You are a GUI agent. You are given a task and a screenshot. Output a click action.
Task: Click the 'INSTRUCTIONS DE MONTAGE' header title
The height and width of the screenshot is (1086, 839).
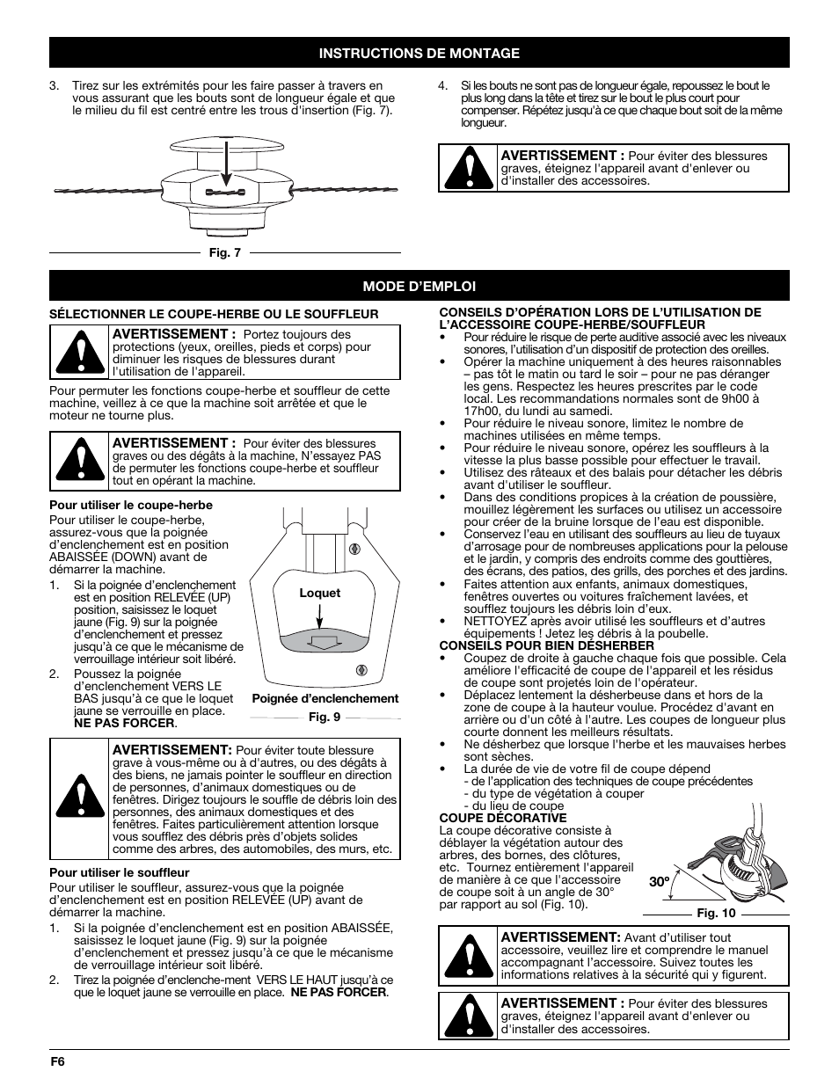419,54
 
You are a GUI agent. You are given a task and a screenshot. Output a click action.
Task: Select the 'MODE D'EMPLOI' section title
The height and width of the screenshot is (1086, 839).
419,287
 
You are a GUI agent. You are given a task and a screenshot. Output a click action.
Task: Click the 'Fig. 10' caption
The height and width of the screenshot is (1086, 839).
716,913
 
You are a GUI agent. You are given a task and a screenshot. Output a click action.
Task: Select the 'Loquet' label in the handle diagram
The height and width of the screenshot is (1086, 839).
319,594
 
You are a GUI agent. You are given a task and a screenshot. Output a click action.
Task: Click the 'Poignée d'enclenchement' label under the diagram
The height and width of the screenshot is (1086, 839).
325,699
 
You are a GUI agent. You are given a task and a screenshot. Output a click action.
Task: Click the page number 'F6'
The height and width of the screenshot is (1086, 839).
57,1061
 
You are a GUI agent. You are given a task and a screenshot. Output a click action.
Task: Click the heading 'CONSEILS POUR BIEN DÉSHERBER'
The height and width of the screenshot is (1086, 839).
546,645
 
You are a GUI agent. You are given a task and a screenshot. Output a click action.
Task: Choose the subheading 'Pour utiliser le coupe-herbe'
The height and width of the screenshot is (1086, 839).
131,505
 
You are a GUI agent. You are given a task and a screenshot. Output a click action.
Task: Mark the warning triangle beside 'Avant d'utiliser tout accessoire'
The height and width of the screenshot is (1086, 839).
469,956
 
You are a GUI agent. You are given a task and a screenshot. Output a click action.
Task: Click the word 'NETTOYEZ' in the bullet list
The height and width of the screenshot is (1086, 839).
496,621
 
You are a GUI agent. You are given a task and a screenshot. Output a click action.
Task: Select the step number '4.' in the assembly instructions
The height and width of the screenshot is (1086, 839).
443,86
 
